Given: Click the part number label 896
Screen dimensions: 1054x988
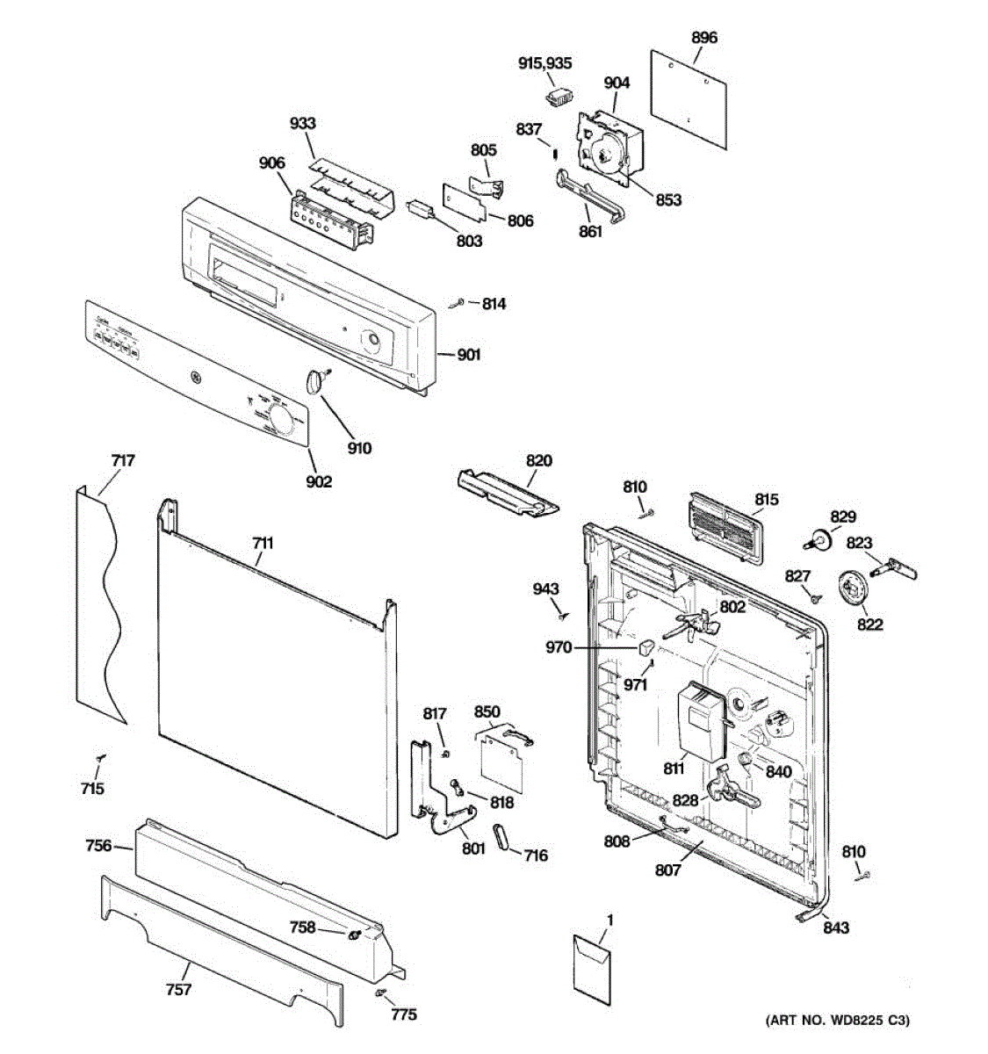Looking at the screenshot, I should pyautogui.click(x=703, y=37).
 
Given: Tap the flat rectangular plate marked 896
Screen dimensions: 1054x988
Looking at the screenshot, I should pyautogui.click(x=689, y=97).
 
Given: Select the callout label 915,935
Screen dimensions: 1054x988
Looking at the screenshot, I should pyautogui.click(x=544, y=63).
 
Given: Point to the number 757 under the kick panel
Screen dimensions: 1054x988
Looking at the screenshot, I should pyautogui.click(x=178, y=990).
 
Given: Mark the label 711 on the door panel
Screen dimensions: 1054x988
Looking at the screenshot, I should pyautogui.click(x=262, y=543).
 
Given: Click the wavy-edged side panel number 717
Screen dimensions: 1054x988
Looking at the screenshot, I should pyautogui.click(x=123, y=460).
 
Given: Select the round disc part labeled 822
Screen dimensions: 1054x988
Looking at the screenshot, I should pyautogui.click(x=853, y=587).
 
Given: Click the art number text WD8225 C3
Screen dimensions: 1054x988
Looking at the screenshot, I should pyautogui.click(x=838, y=1020).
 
